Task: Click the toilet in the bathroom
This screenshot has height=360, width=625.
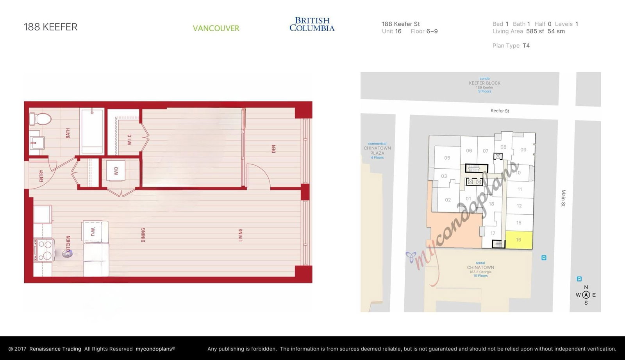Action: (x=40, y=118)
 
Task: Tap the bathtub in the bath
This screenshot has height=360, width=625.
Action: (x=92, y=132)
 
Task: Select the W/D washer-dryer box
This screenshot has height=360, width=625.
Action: (x=116, y=171)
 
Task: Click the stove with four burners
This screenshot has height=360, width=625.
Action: (x=43, y=250)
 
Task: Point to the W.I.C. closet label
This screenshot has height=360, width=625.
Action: (x=130, y=139)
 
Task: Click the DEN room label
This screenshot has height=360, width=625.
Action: (x=273, y=149)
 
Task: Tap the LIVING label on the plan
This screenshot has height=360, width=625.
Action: (x=241, y=235)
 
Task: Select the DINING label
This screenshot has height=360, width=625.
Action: (x=143, y=235)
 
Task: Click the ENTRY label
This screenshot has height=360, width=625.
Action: (x=41, y=176)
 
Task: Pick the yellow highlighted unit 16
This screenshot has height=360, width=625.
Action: (x=519, y=240)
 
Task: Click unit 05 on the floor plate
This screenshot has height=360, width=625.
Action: (x=447, y=158)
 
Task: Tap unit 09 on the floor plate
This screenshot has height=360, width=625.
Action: (x=523, y=150)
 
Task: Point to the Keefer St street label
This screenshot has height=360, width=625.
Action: (x=500, y=111)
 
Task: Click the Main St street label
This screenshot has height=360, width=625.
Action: (x=563, y=198)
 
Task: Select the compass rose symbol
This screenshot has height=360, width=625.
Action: (x=586, y=295)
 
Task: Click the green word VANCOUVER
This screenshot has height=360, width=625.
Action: (x=216, y=28)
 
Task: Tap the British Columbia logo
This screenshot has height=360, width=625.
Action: (x=312, y=24)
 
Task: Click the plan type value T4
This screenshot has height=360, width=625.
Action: (x=526, y=46)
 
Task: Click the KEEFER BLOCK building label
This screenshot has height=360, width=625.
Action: (x=484, y=83)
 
